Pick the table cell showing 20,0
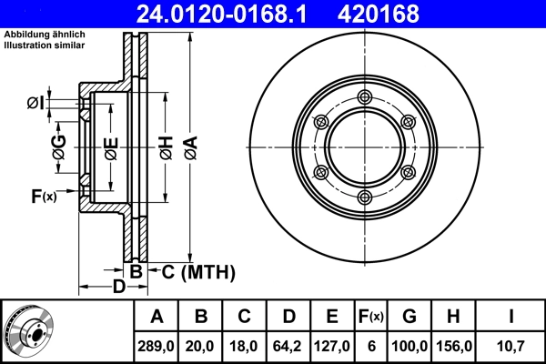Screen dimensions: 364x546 coord(201,346)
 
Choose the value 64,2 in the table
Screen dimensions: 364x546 coord(288,346)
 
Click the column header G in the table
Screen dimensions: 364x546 coord(409,317)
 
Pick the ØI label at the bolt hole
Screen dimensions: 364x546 coord(36,101)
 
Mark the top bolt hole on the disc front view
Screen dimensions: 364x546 coord(364,97)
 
